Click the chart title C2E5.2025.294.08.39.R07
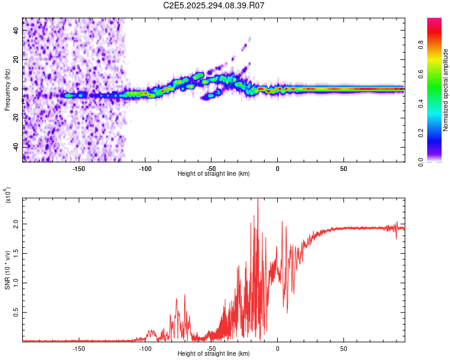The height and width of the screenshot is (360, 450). tap(214, 5)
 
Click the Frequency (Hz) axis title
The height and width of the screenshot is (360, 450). tap(8, 90)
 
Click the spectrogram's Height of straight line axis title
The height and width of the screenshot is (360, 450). tap(214, 173)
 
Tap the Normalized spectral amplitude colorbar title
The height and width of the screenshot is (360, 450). tap(446, 90)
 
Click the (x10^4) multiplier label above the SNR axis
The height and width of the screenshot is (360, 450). tap(8, 196)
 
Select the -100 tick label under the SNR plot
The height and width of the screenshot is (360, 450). tap(145, 348)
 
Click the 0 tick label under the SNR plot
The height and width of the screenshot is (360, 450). tap(277, 348)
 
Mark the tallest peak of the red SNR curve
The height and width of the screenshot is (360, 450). tap(258, 200)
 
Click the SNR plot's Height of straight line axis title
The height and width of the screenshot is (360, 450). tap(214, 354)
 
